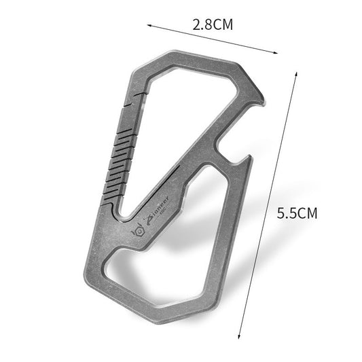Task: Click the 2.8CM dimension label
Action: (x=213, y=26)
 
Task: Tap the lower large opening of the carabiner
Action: (x=204, y=224)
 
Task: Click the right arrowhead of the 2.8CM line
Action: (x=278, y=52)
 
